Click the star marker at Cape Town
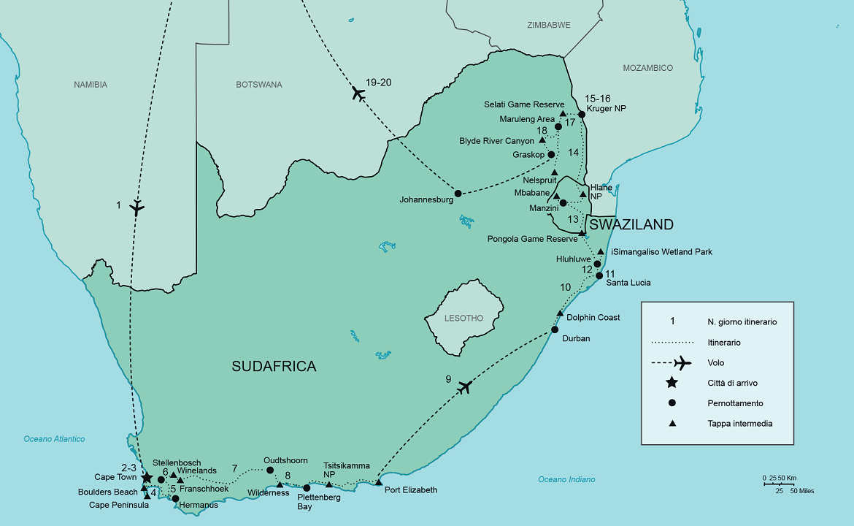click(x=147, y=477)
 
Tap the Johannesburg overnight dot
click(x=458, y=194)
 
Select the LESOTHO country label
click(x=463, y=318)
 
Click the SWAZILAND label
click(x=631, y=224)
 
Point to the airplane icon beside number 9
click(x=464, y=387)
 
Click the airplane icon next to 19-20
click(x=358, y=93)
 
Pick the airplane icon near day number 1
click(x=136, y=207)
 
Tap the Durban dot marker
click(x=555, y=329)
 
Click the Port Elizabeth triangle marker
click(x=378, y=482)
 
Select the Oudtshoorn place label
click(x=286, y=460)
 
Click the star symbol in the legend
click(x=672, y=383)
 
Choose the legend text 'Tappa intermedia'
click(x=739, y=424)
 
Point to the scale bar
click(x=778, y=483)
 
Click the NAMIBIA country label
click(x=91, y=85)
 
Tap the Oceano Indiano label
click(x=566, y=479)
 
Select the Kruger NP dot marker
click(x=582, y=114)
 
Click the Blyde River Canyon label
click(x=496, y=140)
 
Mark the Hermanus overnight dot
click(x=175, y=498)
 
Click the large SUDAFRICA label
click(x=274, y=367)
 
